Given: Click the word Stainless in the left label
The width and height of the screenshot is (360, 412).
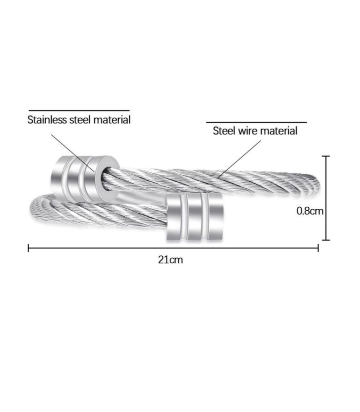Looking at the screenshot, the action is (x=47, y=120).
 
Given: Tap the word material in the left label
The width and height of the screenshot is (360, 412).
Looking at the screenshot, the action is (x=112, y=120).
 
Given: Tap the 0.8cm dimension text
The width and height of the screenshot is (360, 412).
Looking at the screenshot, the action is (x=310, y=211).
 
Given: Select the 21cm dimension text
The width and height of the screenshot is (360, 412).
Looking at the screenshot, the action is (x=170, y=260).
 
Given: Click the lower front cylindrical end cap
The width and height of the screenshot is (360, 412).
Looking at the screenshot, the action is (x=194, y=216).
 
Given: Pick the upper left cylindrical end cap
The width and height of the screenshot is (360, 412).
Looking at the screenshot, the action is (x=85, y=179).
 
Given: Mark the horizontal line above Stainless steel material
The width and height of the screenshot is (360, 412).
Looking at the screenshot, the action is (x=79, y=111).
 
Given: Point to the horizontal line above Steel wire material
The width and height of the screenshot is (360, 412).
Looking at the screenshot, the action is (x=256, y=122).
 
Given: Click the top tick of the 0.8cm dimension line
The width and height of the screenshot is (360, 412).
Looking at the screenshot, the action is (x=326, y=156).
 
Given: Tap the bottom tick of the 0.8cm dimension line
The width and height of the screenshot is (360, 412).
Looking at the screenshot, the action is (x=326, y=240).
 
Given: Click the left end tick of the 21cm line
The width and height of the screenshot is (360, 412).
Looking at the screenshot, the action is (x=28, y=248).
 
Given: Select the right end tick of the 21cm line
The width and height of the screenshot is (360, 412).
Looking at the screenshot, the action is (x=318, y=248).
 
